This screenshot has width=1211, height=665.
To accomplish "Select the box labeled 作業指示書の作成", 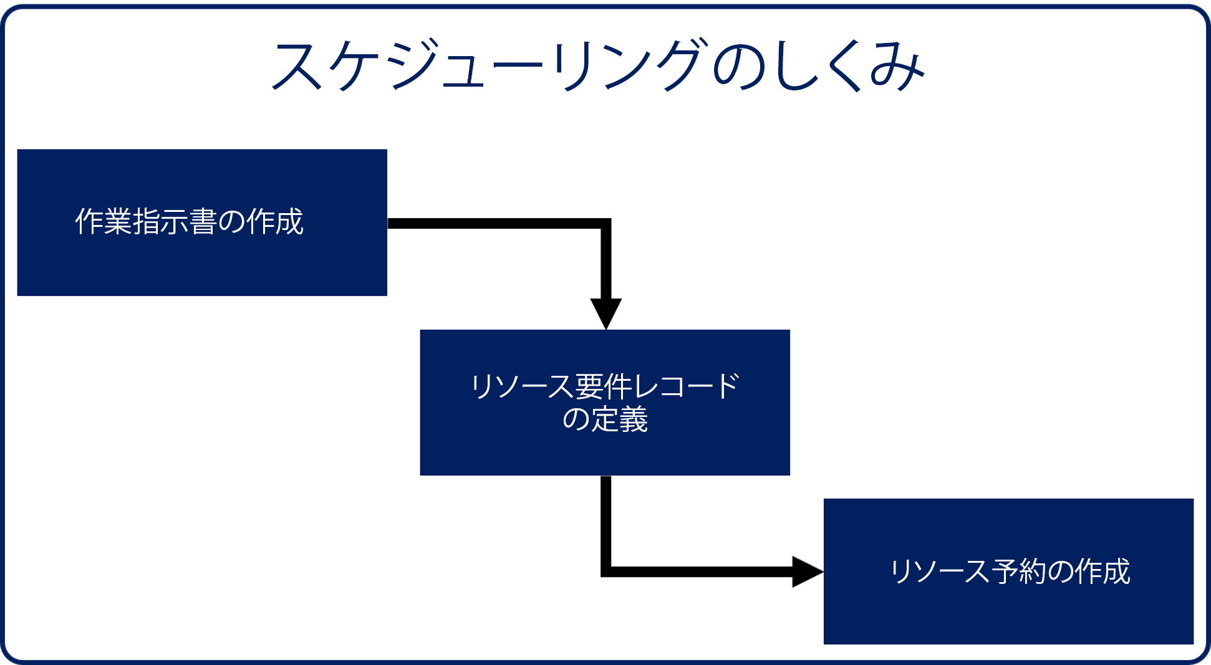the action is [x=202, y=222].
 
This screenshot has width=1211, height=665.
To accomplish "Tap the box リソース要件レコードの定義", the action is [x=605, y=403].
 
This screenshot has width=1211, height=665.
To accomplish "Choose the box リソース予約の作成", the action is [x=1008, y=572].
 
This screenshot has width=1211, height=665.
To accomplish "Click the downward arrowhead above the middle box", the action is [x=606, y=313].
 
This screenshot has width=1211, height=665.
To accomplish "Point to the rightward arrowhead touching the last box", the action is [x=808, y=572].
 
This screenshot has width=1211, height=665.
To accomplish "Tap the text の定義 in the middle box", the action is [x=605, y=419].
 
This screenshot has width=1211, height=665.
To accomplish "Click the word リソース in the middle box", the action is [x=522, y=386].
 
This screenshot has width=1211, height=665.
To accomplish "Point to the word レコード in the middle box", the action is [x=686, y=386].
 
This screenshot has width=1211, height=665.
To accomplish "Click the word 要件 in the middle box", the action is [x=603, y=386].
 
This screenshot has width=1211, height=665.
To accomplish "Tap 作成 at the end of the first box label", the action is [x=276, y=222].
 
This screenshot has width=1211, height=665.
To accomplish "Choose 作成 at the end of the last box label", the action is [x=1102, y=572].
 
